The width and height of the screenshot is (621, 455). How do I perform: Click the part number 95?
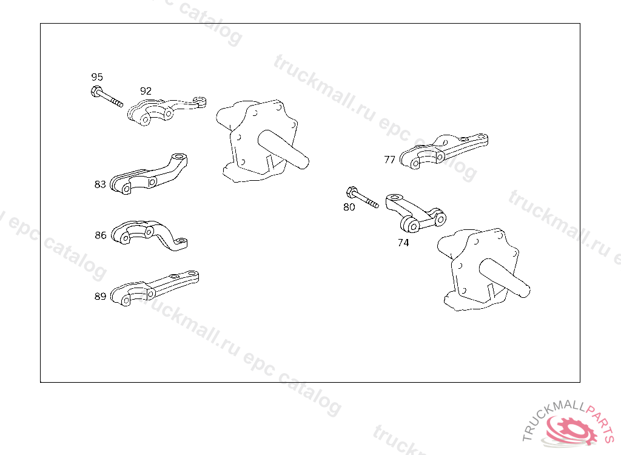coord(97,77)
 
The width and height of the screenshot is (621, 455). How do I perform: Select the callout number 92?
coord(146,91)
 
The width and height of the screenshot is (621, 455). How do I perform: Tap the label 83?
coord(100,184)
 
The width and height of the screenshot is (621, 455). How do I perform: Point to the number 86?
coord(101,235)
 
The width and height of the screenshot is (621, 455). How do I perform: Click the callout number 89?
coord(100,297)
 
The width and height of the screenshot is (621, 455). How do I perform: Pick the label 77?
coord(390,160)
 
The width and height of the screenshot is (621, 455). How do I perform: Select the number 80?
coord(349,207)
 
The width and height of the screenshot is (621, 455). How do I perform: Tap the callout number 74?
coord(403,243)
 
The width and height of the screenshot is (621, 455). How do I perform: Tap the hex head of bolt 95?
coord(96,92)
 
